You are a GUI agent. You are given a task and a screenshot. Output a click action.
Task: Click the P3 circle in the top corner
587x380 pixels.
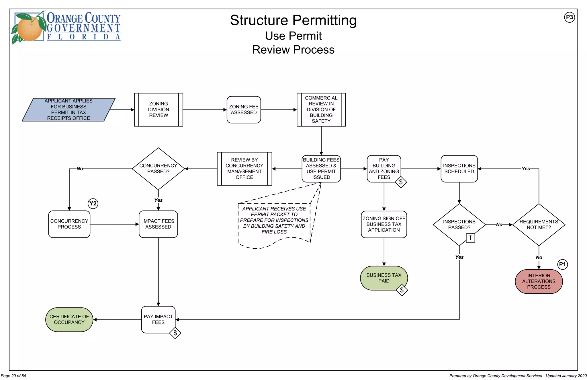[x=569, y=17]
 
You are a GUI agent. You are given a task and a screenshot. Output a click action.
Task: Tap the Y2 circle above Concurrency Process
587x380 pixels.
[x=93, y=204]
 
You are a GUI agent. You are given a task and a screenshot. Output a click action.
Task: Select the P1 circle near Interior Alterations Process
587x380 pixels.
[x=562, y=264]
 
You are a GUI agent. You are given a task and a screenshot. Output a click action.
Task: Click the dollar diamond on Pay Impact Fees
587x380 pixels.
[x=175, y=333]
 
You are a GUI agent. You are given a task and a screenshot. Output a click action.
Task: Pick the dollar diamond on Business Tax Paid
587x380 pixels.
[x=402, y=290]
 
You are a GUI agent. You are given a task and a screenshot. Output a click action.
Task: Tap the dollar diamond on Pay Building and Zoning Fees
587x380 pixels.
[x=401, y=182]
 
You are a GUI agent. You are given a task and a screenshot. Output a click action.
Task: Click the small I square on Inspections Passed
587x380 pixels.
[x=470, y=238]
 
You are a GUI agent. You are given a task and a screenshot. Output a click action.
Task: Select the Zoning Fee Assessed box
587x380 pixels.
[x=244, y=110]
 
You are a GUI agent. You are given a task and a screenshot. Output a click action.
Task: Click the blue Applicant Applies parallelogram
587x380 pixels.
[x=69, y=110]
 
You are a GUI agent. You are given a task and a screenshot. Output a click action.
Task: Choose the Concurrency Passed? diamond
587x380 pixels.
[x=158, y=169]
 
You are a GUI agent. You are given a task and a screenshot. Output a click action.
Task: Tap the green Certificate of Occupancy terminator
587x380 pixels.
[x=69, y=319]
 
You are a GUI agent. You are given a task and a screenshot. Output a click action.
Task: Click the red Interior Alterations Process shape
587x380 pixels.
[x=539, y=281]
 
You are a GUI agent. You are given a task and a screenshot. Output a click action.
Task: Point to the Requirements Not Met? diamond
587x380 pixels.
[x=539, y=225]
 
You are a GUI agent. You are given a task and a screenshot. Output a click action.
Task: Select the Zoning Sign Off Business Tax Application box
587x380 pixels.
[x=384, y=224]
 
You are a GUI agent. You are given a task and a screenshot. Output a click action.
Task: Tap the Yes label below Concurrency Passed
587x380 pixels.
[x=158, y=200]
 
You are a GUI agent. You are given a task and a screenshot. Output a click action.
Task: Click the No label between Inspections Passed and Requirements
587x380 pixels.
[x=499, y=225]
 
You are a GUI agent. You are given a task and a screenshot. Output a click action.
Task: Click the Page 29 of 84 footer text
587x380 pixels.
[x=13, y=376]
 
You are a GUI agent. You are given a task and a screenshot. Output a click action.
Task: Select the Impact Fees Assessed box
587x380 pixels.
[x=158, y=224]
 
